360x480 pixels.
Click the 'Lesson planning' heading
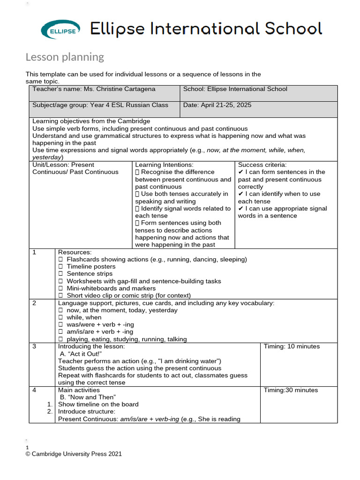point(65,57)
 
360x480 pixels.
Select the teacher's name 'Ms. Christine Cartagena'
point(119,89)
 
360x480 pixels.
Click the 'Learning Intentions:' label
point(164,165)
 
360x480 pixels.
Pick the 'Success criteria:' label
point(262,165)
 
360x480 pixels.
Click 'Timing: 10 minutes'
point(292,346)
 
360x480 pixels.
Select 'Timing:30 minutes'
point(291,390)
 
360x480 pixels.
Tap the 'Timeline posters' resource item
point(90,266)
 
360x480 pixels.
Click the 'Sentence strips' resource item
point(90,274)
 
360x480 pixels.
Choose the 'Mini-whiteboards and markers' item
point(111,288)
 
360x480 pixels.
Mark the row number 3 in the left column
point(34,346)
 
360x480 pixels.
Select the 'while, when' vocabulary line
point(84,317)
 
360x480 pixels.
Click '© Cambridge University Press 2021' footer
point(74,454)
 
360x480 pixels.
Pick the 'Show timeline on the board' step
point(98,405)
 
